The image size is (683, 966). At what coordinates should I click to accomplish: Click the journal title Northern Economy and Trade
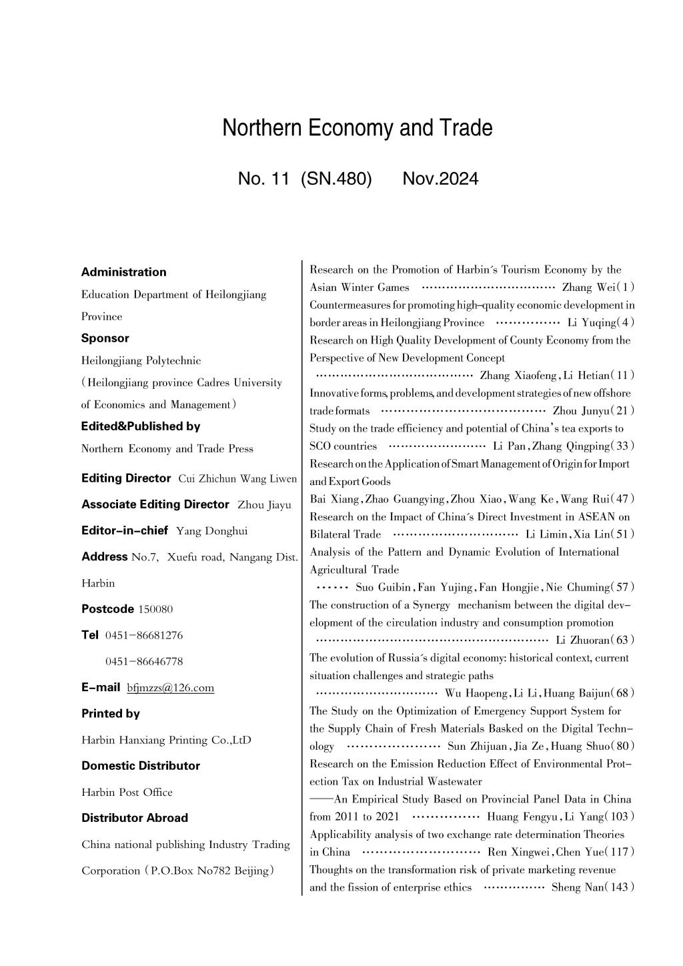(x=358, y=128)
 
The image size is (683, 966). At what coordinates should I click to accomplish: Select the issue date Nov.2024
(x=440, y=179)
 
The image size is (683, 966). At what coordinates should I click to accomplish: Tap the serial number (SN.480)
(x=336, y=179)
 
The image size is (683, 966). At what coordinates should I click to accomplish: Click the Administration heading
(x=123, y=272)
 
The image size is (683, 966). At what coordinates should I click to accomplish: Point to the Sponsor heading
(x=105, y=338)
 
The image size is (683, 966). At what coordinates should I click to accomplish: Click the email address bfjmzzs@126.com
(x=170, y=688)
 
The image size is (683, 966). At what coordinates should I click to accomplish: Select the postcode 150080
(x=155, y=609)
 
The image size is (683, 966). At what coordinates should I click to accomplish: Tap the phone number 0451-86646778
(x=144, y=662)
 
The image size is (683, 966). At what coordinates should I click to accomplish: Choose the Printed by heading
(x=111, y=714)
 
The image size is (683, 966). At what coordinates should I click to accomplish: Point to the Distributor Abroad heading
(x=135, y=818)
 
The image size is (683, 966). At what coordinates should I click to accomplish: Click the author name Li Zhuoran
(x=582, y=640)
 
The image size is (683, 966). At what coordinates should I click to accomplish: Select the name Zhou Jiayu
(x=264, y=505)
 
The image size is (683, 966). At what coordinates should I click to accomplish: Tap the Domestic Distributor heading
(x=141, y=766)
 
